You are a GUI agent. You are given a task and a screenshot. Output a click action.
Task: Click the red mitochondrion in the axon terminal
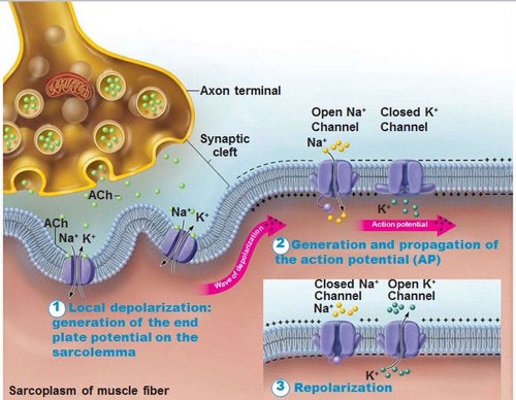point(68,87)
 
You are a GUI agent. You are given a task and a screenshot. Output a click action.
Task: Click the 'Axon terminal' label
point(240,91)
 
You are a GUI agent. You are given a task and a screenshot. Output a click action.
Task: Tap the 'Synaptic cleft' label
point(225,145)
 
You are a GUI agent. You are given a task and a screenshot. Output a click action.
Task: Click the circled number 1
point(58,308)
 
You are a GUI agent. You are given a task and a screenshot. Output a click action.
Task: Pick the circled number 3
point(281,387)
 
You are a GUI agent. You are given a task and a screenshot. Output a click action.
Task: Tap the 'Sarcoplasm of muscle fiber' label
point(89,390)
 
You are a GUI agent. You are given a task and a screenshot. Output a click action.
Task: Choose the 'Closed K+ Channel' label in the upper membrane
point(408,119)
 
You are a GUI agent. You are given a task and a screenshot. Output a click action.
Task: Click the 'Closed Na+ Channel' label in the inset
point(345,290)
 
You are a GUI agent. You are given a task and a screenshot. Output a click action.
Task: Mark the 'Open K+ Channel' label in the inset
point(411,290)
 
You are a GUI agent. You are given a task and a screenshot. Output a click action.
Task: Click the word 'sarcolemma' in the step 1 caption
point(94,352)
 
